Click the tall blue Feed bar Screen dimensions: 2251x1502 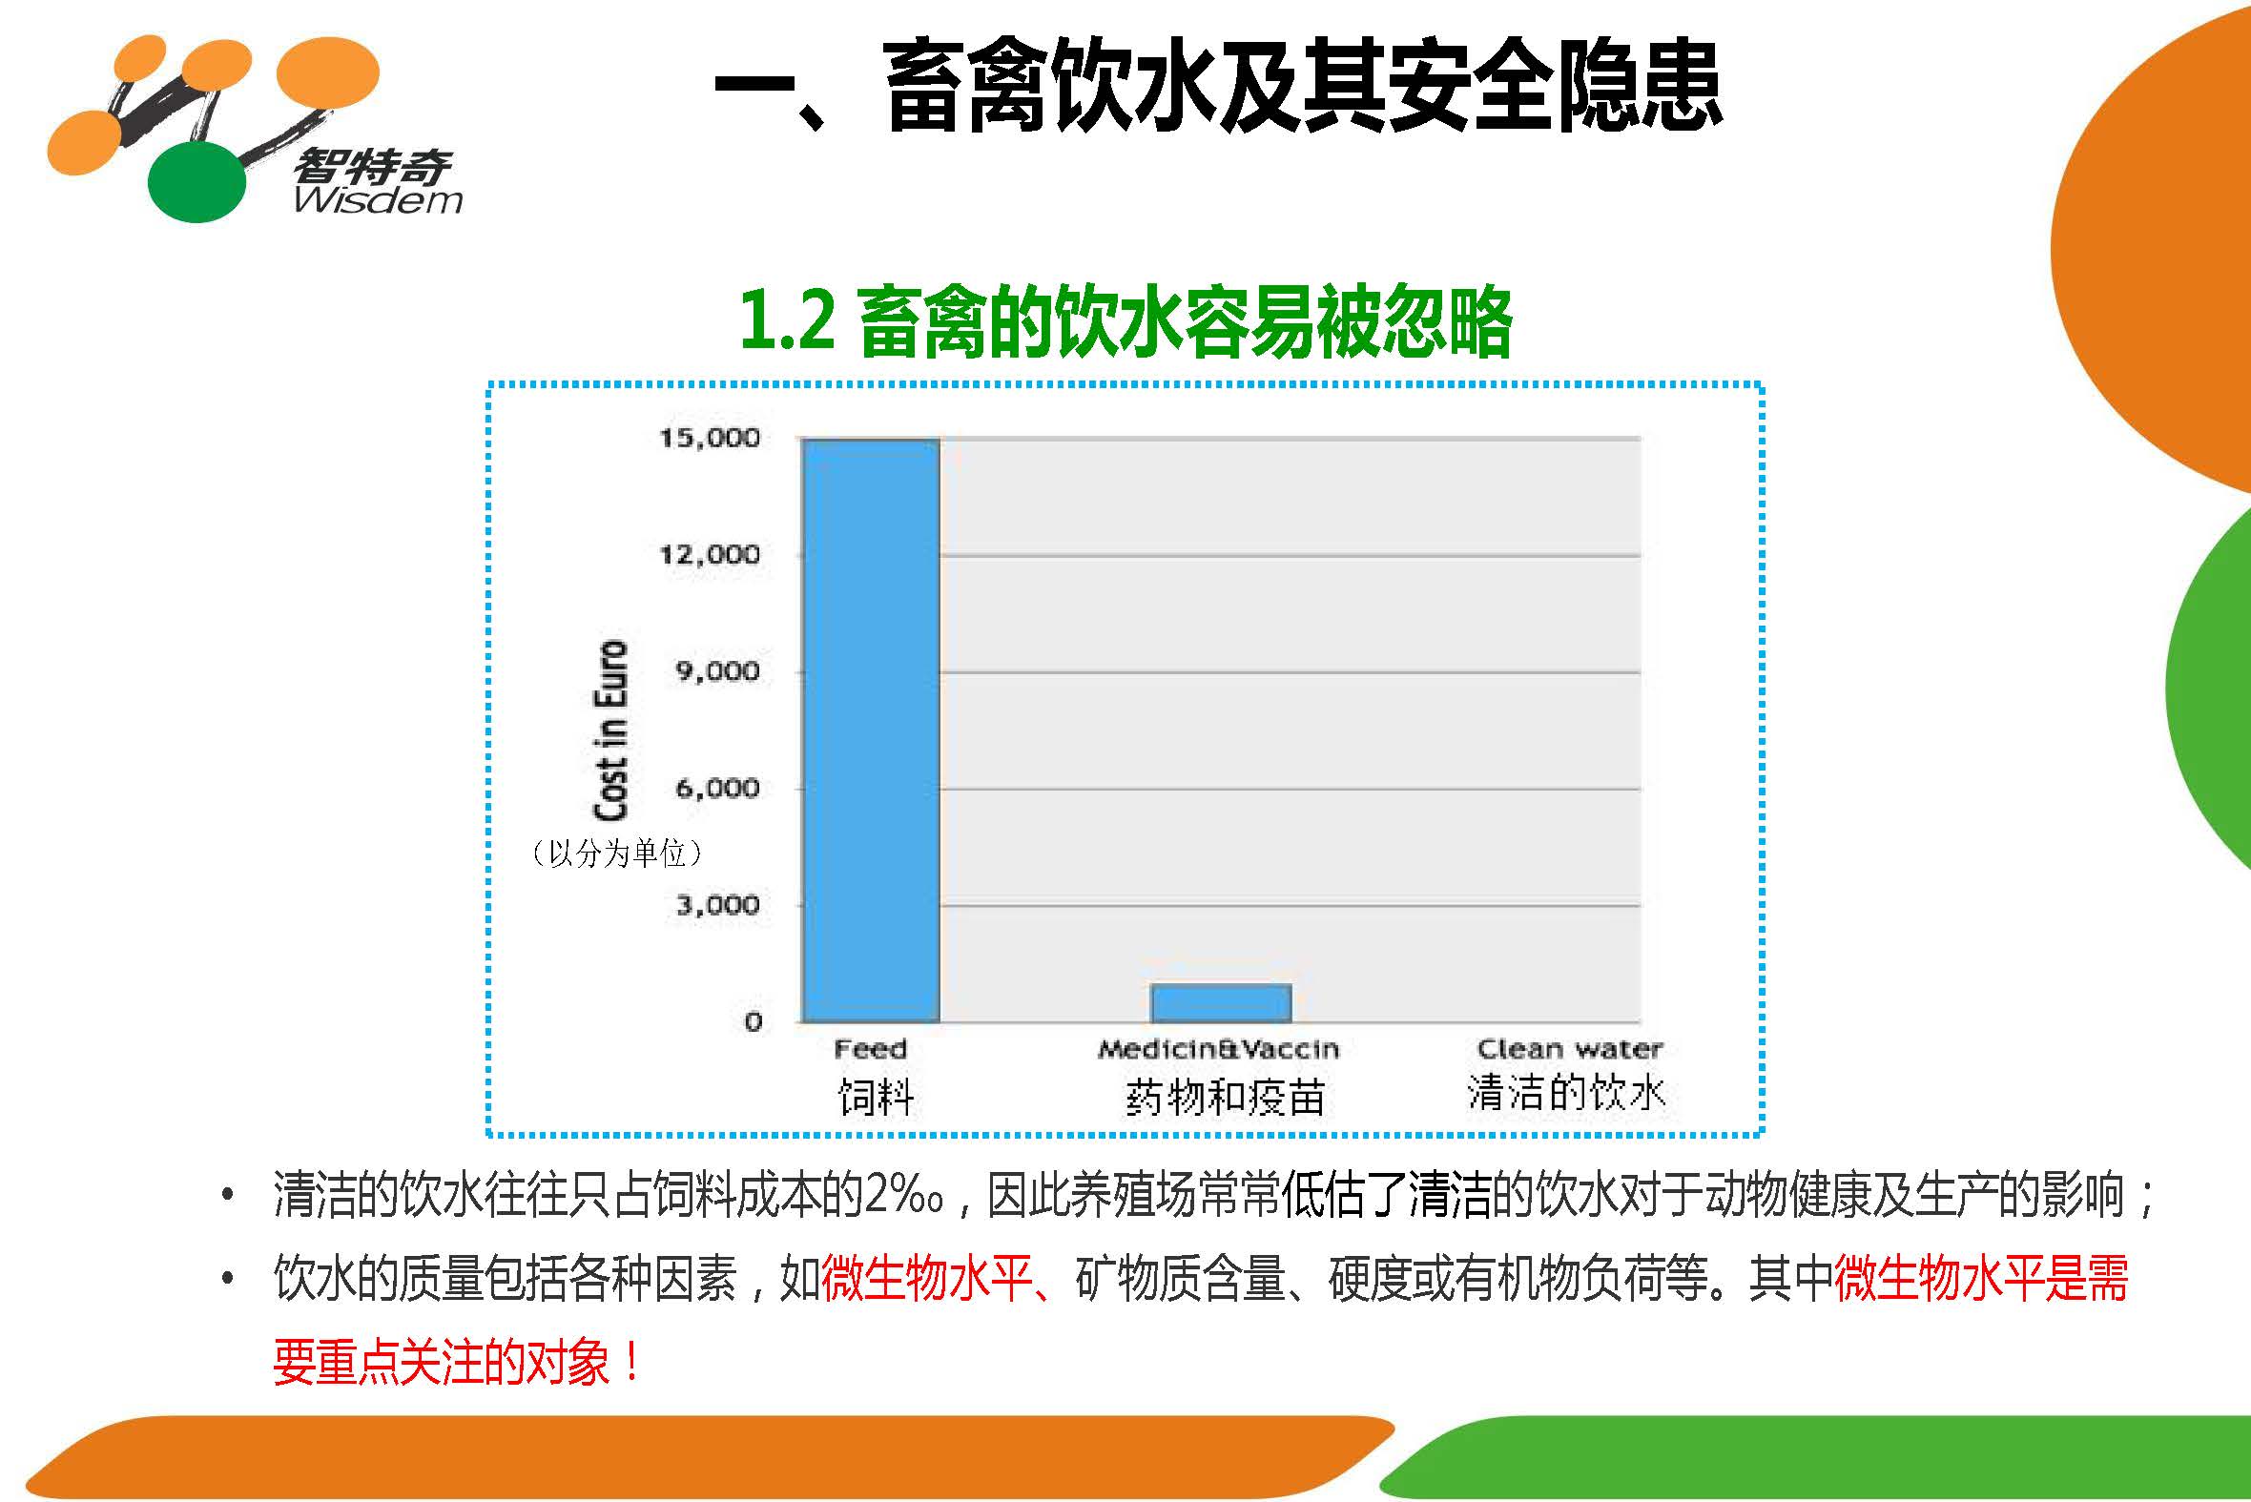(871, 730)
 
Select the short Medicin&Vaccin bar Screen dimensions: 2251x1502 (1220, 1003)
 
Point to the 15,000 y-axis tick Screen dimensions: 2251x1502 (709, 439)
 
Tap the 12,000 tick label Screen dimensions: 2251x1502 (709, 555)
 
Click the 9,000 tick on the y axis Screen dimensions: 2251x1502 (717, 671)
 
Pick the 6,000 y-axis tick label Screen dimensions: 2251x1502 (717, 789)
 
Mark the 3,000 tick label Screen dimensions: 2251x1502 (717, 905)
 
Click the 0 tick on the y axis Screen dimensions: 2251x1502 (754, 1022)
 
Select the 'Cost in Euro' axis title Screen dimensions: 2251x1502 (611, 730)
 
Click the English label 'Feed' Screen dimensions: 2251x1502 (870, 1049)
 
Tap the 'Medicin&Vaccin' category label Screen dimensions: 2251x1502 (1218, 1049)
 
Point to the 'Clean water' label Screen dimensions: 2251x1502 (1570, 1049)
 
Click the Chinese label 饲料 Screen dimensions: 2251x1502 (876, 1096)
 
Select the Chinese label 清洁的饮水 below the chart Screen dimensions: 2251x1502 (1567, 1092)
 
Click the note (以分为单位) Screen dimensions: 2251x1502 (617, 852)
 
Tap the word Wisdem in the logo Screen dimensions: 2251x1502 (379, 199)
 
